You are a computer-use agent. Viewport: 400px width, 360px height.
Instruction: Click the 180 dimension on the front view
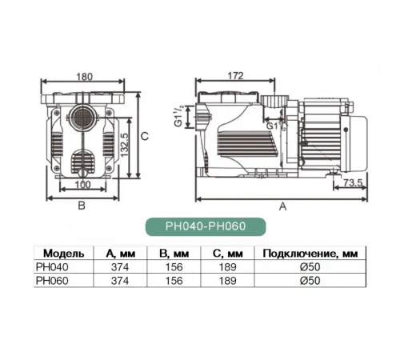coord(86,77)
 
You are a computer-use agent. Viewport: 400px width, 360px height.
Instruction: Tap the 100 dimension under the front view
coord(82,185)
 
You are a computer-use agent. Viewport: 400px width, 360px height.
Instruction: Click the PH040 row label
coord(54,267)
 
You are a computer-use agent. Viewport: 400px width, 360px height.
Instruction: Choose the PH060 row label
coord(54,281)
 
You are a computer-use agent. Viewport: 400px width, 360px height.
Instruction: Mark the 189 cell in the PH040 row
coord(223,267)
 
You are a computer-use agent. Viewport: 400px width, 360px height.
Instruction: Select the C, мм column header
coord(223,253)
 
